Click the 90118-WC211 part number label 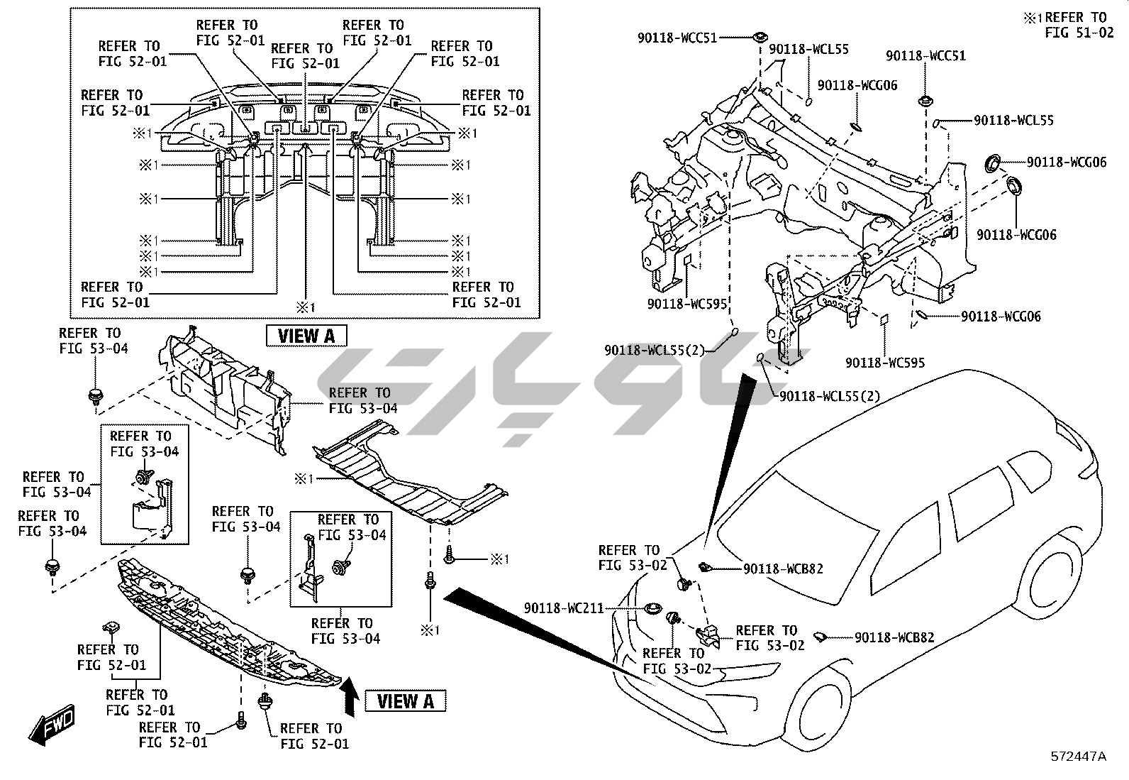click(564, 608)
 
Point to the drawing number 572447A click(1078, 757)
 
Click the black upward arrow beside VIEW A click(349, 696)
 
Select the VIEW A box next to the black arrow click(406, 701)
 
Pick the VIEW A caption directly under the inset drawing click(306, 335)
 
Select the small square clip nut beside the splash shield click(111, 627)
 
